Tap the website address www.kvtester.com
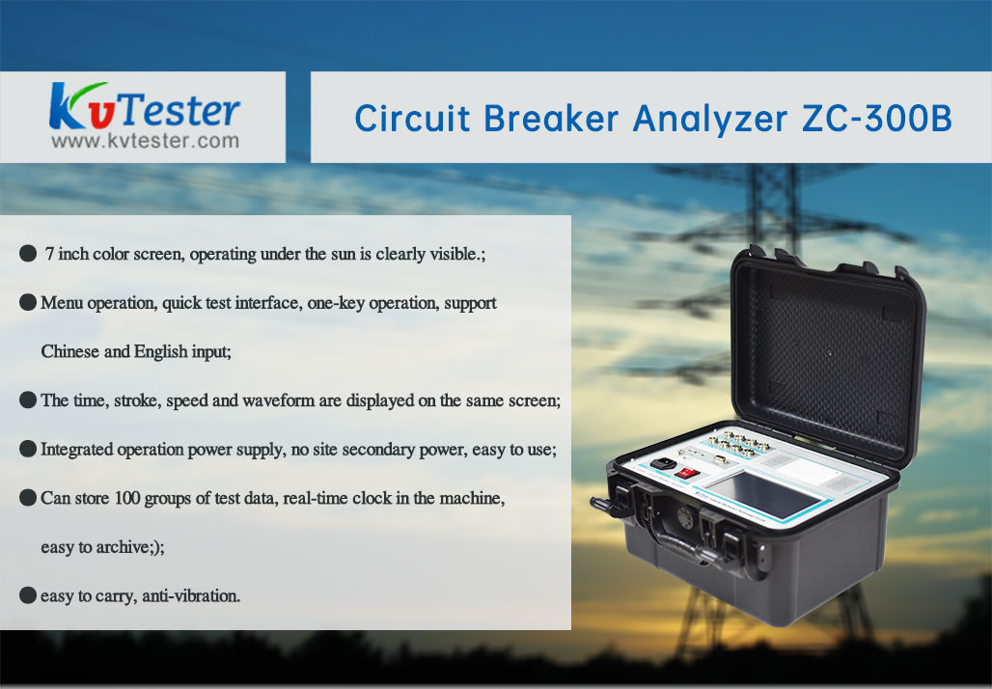146,141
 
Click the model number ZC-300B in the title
877,119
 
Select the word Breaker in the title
551,119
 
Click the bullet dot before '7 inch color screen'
28,254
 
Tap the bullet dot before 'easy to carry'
28,595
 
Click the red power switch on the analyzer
685,473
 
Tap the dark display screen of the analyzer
763,493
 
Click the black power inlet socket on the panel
662,464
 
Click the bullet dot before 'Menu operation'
28,302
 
